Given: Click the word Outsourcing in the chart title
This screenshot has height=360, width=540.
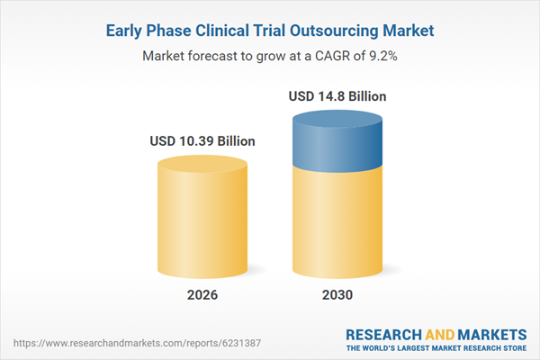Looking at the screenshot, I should click(x=341, y=31).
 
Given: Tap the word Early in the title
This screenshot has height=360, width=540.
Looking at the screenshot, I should click(x=128, y=31).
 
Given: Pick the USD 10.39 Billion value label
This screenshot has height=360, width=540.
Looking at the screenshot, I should click(x=202, y=141).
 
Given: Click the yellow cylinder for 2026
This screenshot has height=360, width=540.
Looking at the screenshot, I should click(x=202, y=225).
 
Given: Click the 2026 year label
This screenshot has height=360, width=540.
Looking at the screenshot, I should click(x=202, y=293).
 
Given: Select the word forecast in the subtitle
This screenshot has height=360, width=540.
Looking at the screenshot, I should click(x=213, y=56).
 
